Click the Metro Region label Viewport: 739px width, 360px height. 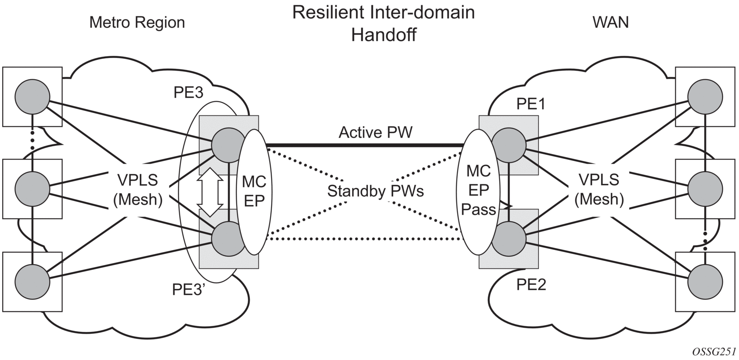point(137,23)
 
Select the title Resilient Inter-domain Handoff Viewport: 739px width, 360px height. point(383,23)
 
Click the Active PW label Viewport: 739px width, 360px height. point(375,132)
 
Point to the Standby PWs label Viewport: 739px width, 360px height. point(375,191)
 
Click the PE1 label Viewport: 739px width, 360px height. point(531,104)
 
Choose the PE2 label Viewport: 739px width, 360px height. point(531,284)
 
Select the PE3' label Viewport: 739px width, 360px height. point(189,289)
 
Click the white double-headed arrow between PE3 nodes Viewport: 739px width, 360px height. point(212,192)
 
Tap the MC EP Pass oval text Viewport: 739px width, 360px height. point(479,190)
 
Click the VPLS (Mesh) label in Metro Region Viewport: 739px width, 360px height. point(138,189)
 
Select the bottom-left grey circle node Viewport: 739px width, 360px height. point(32,281)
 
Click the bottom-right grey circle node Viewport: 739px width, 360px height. point(705,281)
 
